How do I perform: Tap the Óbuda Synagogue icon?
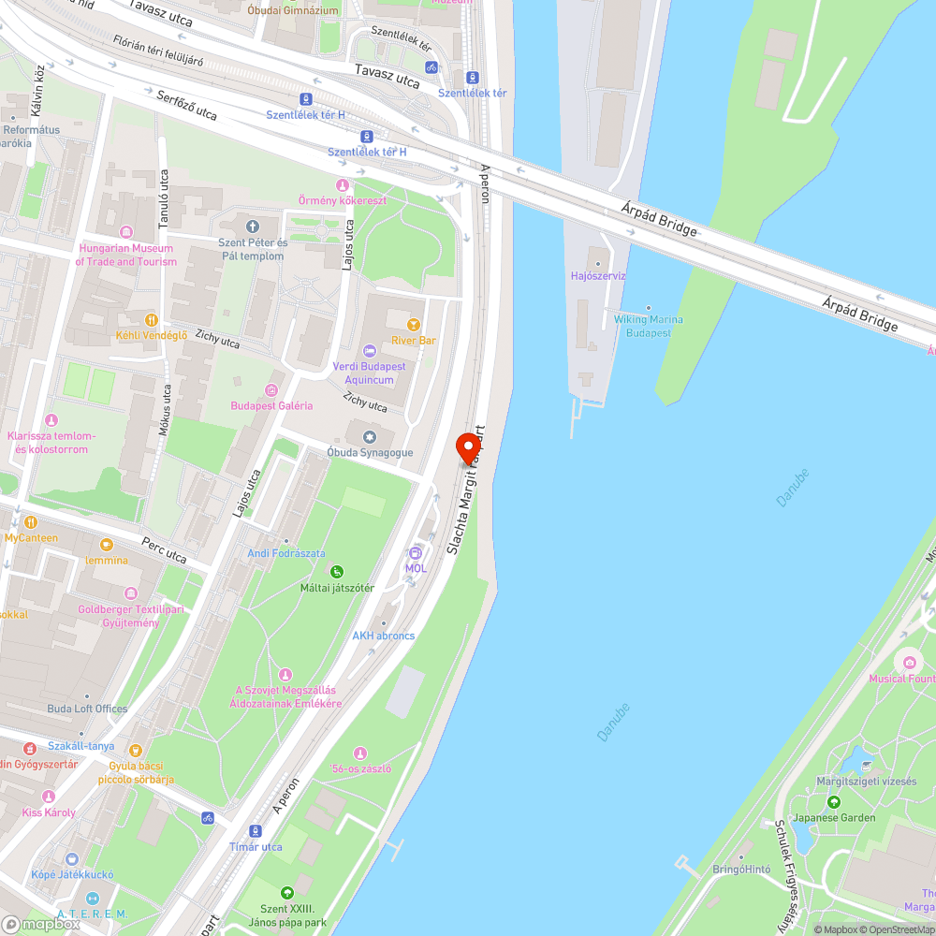(x=371, y=437)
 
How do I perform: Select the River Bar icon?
(x=413, y=325)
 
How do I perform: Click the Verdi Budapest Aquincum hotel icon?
(x=370, y=351)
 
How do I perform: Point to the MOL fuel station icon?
(x=416, y=552)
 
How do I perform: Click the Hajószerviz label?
(x=598, y=276)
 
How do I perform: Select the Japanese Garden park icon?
(x=833, y=802)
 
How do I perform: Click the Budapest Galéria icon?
(x=271, y=389)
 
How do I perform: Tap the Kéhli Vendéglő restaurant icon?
(x=152, y=319)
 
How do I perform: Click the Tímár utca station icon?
(x=256, y=831)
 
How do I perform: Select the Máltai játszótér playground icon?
(x=337, y=572)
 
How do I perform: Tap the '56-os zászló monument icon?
(x=360, y=753)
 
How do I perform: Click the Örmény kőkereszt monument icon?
(x=342, y=184)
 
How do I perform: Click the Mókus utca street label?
(x=166, y=411)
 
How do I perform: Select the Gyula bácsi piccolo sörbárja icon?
(x=137, y=750)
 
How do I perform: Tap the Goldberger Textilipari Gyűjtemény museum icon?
(x=131, y=593)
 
